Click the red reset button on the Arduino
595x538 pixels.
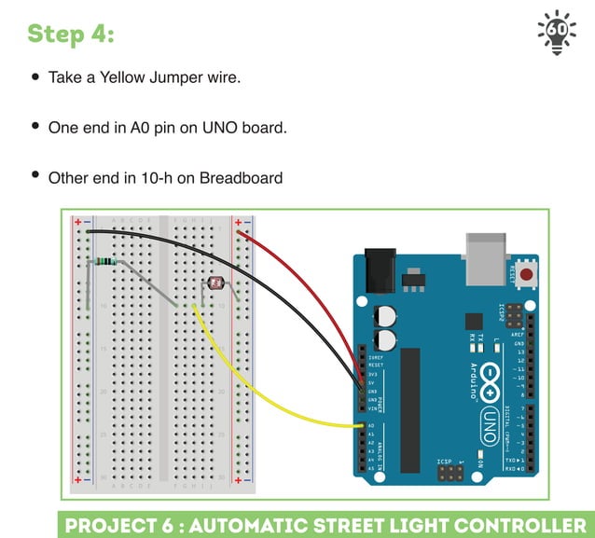point(528,274)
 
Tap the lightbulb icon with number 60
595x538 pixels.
point(557,33)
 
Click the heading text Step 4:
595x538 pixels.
point(71,34)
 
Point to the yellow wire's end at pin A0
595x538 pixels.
point(361,426)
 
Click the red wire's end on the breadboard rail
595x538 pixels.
point(239,233)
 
